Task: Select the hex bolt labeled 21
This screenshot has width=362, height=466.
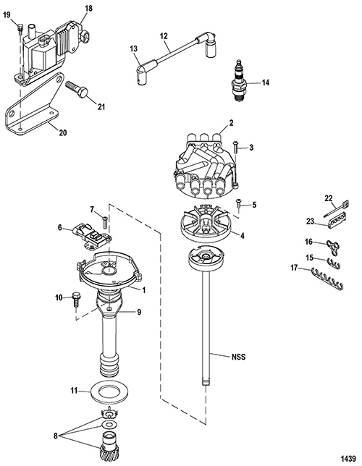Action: click(77, 88)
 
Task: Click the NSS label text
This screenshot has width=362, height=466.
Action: click(238, 357)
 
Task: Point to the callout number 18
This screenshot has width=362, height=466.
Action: click(88, 9)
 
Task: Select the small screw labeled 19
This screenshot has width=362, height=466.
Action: click(20, 28)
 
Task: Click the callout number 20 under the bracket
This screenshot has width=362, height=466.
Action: click(63, 132)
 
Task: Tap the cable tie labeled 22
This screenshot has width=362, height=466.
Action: click(336, 209)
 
